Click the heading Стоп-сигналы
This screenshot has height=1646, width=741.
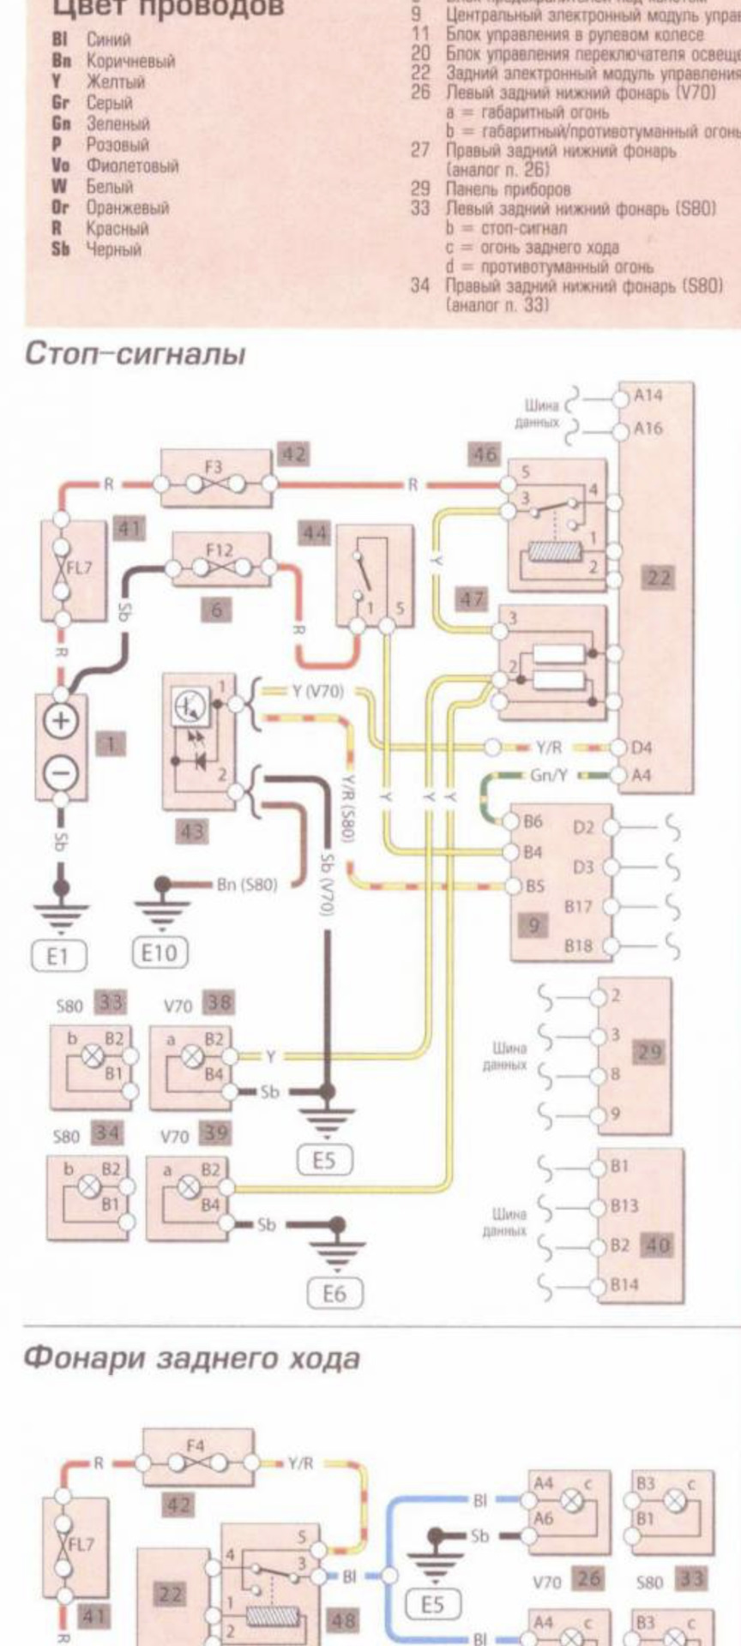point(135,353)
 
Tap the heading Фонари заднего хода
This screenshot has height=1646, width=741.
point(190,1358)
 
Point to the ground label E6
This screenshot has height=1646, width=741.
point(334,1293)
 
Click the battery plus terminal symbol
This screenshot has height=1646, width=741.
point(60,720)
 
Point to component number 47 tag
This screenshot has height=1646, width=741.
point(472,599)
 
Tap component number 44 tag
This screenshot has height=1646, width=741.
point(315,534)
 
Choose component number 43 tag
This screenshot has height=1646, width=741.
point(193,831)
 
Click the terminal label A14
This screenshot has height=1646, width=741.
point(648,395)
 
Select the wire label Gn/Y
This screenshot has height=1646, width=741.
point(548,775)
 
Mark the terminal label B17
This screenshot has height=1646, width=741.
point(577,906)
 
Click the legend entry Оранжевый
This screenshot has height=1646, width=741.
point(127,207)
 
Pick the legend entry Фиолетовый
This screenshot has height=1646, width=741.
point(131,165)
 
